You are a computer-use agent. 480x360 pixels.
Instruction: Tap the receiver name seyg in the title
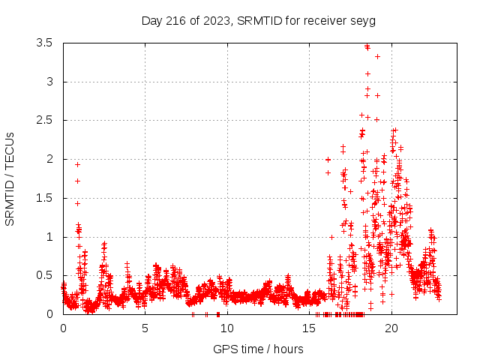pos(364,20)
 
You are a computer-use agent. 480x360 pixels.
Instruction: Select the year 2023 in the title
pos(215,20)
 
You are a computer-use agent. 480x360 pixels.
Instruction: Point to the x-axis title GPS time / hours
pos(258,349)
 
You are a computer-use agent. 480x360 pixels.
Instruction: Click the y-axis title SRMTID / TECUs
pos(10,179)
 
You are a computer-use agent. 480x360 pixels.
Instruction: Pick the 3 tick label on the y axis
pos(49,82)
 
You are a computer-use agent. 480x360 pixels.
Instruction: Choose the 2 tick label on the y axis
pos(49,159)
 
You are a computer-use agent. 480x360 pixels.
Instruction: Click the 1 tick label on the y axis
pos(49,237)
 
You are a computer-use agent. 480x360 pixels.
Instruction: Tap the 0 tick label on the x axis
pos(63,328)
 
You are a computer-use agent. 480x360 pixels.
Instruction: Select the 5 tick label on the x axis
pos(145,328)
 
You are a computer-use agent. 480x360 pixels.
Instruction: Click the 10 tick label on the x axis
pos(227,328)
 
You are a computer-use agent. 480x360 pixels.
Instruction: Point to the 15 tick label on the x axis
pos(310,328)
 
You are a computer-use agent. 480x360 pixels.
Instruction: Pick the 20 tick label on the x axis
pos(392,328)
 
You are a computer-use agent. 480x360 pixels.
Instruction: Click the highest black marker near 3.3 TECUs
pos(377,56)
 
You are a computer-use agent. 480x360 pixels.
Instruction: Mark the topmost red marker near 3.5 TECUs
pos(367,46)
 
